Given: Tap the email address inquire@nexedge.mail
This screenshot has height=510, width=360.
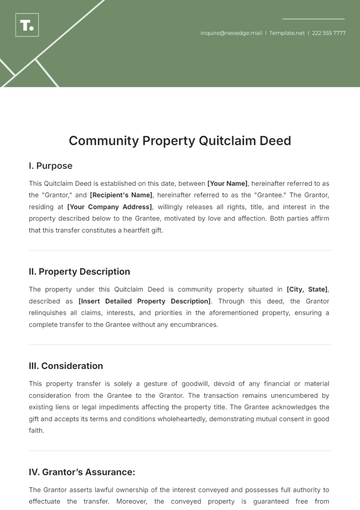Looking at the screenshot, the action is (x=231, y=33).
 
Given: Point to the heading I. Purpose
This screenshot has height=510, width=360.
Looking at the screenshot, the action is (x=50, y=166).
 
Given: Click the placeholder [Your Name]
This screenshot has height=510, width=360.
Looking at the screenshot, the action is (x=229, y=184).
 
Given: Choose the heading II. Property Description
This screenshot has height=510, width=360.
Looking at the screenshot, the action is (x=79, y=271).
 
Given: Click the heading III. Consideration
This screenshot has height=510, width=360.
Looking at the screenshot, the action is (x=66, y=365).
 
